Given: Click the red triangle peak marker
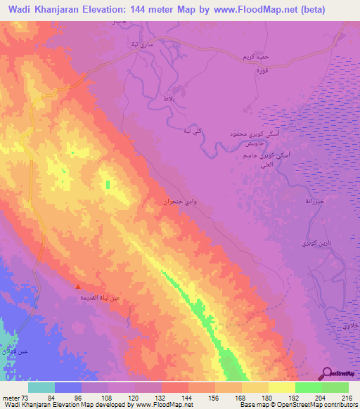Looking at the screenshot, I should coord(78,287).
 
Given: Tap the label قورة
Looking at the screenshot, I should coord(262,70).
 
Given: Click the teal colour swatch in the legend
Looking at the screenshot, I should coord(41,387).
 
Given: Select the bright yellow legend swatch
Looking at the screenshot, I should coord(281,387).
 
